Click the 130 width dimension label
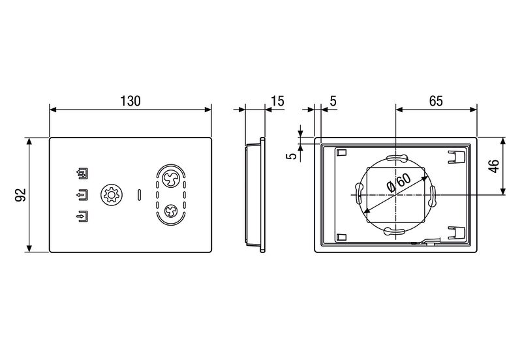[x=130, y=101]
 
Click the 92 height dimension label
[x=21, y=194]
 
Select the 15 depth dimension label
[x=278, y=101]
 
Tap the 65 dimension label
[x=436, y=101]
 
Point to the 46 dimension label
[x=494, y=166]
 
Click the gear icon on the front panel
[x=112, y=194]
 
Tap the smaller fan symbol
[x=171, y=211]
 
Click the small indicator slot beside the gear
[x=139, y=195]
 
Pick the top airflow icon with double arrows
[x=82, y=173]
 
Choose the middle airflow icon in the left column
[x=82, y=194]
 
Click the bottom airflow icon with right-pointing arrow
[x=82, y=217]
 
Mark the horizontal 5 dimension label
[x=333, y=101]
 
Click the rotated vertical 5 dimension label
[x=292, y=156]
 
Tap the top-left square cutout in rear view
[x=342, y=153]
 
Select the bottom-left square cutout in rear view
[x=342, y=237]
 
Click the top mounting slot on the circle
[x=396, y=158]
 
